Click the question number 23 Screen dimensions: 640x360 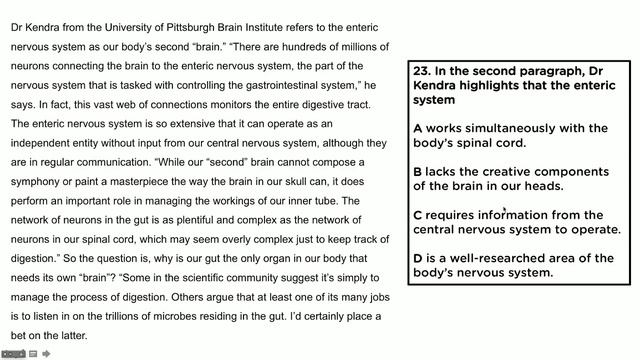[421, 71]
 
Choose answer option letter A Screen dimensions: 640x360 [418, 128]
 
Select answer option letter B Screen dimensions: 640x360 [418, 171]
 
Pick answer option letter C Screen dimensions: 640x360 [418, 214]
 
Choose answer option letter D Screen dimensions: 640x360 [418, 258]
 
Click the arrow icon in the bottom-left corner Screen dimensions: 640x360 [46, 353]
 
